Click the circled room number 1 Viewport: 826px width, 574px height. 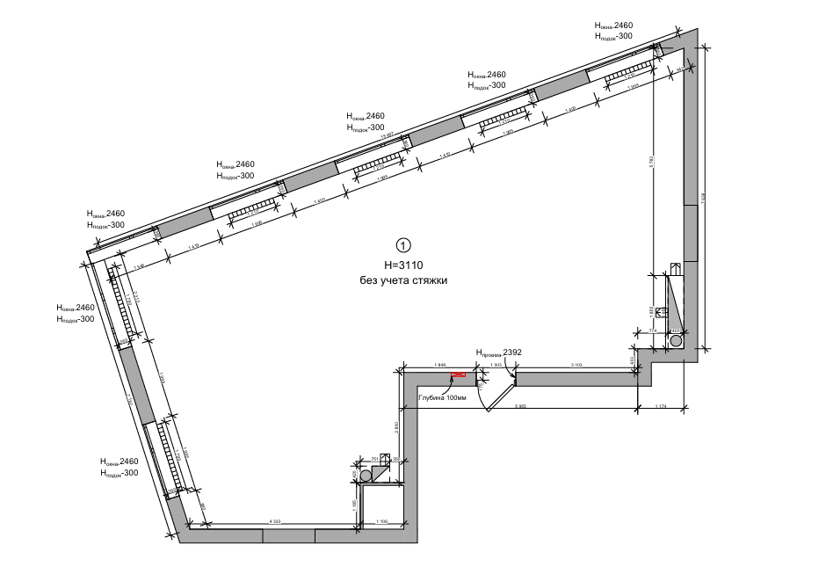point(403,245)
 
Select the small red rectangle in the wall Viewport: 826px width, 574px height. point(459,376)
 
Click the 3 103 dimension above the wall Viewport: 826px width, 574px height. point(577,364)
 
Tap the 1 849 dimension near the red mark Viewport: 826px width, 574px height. point(440,364)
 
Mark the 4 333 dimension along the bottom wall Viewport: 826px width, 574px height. point(275,523)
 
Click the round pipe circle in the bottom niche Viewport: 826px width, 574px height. point(365,475)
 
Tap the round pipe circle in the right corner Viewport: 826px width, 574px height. point(676,339)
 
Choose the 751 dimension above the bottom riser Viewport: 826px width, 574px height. point(375,459)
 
